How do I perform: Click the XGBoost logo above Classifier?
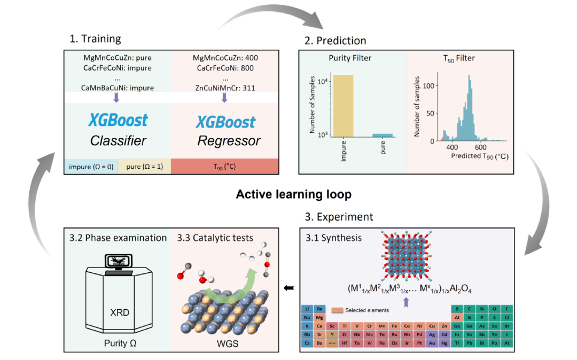118,120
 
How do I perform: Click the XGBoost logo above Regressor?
225,122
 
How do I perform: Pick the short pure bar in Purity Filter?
382,136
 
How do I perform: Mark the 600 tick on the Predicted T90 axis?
480,147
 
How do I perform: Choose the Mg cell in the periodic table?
320,317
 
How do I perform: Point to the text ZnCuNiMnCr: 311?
224,88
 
